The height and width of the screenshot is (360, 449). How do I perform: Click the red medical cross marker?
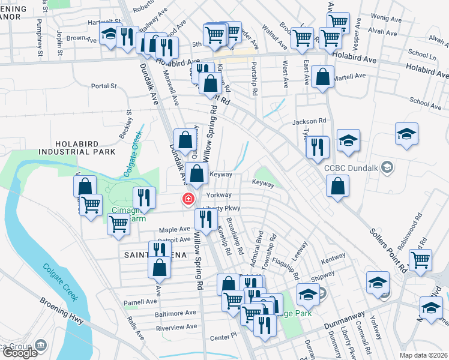point(188,199)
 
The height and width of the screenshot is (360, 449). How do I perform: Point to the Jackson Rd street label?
point(309,121)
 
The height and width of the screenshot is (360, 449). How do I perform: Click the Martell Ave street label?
point(351,76)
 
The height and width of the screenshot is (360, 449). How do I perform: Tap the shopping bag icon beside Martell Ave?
point(323,77)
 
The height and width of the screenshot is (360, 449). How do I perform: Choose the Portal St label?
point(104,86)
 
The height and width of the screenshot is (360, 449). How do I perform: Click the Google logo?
point(20,353)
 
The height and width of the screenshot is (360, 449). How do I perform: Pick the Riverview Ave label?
point(176,327)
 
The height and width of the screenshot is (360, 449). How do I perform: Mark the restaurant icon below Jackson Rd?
point(317,148)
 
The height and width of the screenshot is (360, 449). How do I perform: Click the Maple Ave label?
point(174,230)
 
